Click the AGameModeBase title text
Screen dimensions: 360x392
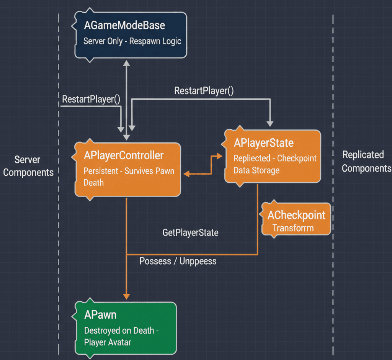pyautogui.click(x=124, y=26)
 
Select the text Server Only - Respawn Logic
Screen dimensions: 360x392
pyautogui.click(x=132, y=41)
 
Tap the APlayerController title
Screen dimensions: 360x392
pyautogui.click(x=123, y=155)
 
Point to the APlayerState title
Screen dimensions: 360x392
pyautogui.click(x=263, y=143)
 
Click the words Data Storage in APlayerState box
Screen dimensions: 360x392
pyautogui.click(x=256, y=170)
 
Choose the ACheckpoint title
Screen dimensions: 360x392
pyautogui.click(x=296, y=215)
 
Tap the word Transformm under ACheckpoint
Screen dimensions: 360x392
pyautogui.click(x=293, y=228)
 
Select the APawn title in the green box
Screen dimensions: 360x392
pyautogui.click(x=100, y=315)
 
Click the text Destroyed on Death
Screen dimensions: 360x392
pyautogui.click(x=119, y=331)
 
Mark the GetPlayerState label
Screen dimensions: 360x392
pyautogui.click(x=190, y=232)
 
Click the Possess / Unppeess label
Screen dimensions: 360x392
pyautogui.click(x=178, y=261)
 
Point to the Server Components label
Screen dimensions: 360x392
pyautogui.click(x=28, y=166)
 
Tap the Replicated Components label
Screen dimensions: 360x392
pyautogui.click(x=366, y=161)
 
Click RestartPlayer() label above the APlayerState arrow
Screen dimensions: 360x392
pyautogui.click(x=204, y=91)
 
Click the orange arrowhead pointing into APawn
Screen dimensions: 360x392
pyautogui.click(x=126, y=296)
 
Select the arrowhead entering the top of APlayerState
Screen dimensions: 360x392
pyautogui.click(x=270, y=124)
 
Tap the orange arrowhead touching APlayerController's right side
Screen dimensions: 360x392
pyautogui.click(x=186, y=174)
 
